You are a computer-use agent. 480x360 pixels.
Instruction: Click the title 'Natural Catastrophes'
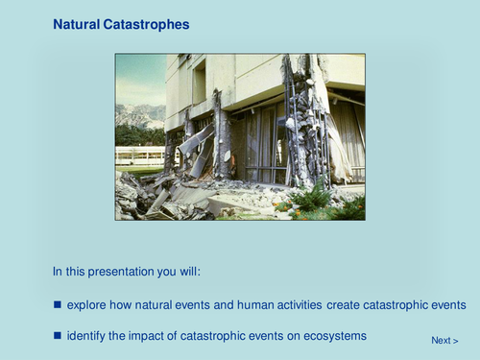121,23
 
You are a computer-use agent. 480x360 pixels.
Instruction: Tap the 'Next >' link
444,340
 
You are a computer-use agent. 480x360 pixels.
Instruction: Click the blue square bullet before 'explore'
58,304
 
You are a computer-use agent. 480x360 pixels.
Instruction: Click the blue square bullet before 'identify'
58,335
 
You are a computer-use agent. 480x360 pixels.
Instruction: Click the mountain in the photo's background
139,115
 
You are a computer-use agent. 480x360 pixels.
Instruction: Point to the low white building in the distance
139,155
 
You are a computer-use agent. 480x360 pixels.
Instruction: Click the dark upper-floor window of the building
199,82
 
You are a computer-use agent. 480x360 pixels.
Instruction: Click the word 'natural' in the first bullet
151,304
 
